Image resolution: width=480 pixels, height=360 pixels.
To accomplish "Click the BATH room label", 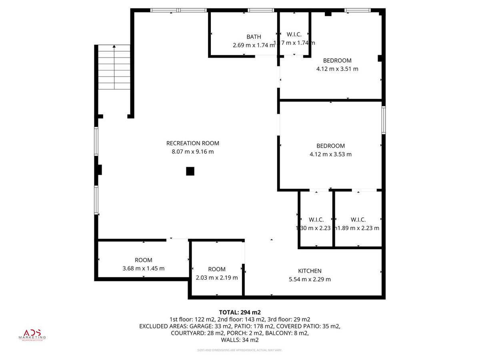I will [x=254, y=37].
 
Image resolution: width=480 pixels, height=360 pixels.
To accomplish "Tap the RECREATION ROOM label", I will [x=193, y=143].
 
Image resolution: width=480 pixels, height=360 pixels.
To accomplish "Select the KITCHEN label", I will [x=310, y=271].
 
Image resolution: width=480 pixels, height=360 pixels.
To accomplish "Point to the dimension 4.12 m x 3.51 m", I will [x=337, y=69].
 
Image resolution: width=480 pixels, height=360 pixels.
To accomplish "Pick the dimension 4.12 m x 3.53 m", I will [x=331, y=154].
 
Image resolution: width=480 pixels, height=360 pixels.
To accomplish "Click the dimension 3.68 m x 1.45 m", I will [x=144, y=268].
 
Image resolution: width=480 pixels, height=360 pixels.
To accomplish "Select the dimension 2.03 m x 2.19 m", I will [x=217, y=278].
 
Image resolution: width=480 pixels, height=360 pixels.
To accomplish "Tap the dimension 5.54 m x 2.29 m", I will [x=310, y=279].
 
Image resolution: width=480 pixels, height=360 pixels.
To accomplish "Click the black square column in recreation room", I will [x=190, y=171].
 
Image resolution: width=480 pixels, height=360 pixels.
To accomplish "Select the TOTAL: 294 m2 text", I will [x=240, y=312].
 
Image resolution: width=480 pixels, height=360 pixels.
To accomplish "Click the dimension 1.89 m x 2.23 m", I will [x=358, y=228].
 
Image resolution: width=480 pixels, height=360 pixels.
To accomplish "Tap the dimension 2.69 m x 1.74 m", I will [x=254, y=46].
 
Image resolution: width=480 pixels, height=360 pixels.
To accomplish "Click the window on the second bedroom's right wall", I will [x=384, y=120].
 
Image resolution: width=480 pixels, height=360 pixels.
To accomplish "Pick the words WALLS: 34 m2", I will [x=240, y=340].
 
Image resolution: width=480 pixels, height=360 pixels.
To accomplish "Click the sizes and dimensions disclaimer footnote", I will [x=240, y=350].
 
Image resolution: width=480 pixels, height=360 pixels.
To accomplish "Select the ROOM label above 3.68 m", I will [x=144, y=260].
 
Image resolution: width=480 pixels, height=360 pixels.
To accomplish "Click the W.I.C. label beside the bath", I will [x=294, y=34].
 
